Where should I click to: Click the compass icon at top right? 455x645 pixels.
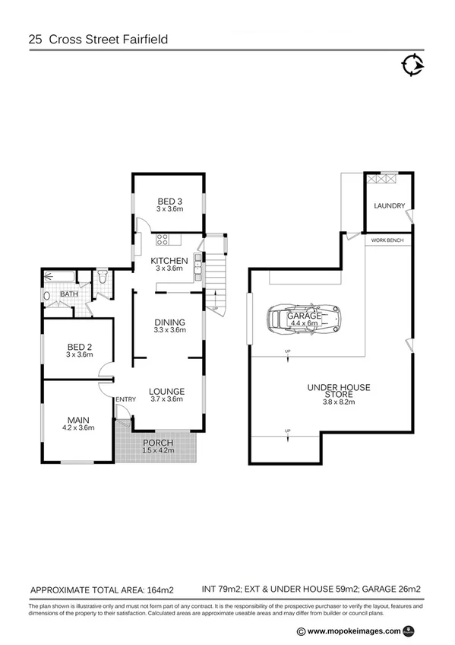[412, 65]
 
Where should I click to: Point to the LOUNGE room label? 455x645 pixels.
[168, 394]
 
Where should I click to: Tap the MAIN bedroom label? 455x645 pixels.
[80, 420]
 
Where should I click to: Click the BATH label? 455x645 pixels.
[69, 294]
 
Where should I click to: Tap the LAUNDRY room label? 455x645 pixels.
[388, 205]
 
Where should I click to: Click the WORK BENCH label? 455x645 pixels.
[387, 240]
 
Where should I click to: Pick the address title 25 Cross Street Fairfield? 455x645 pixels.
[97, 38]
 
